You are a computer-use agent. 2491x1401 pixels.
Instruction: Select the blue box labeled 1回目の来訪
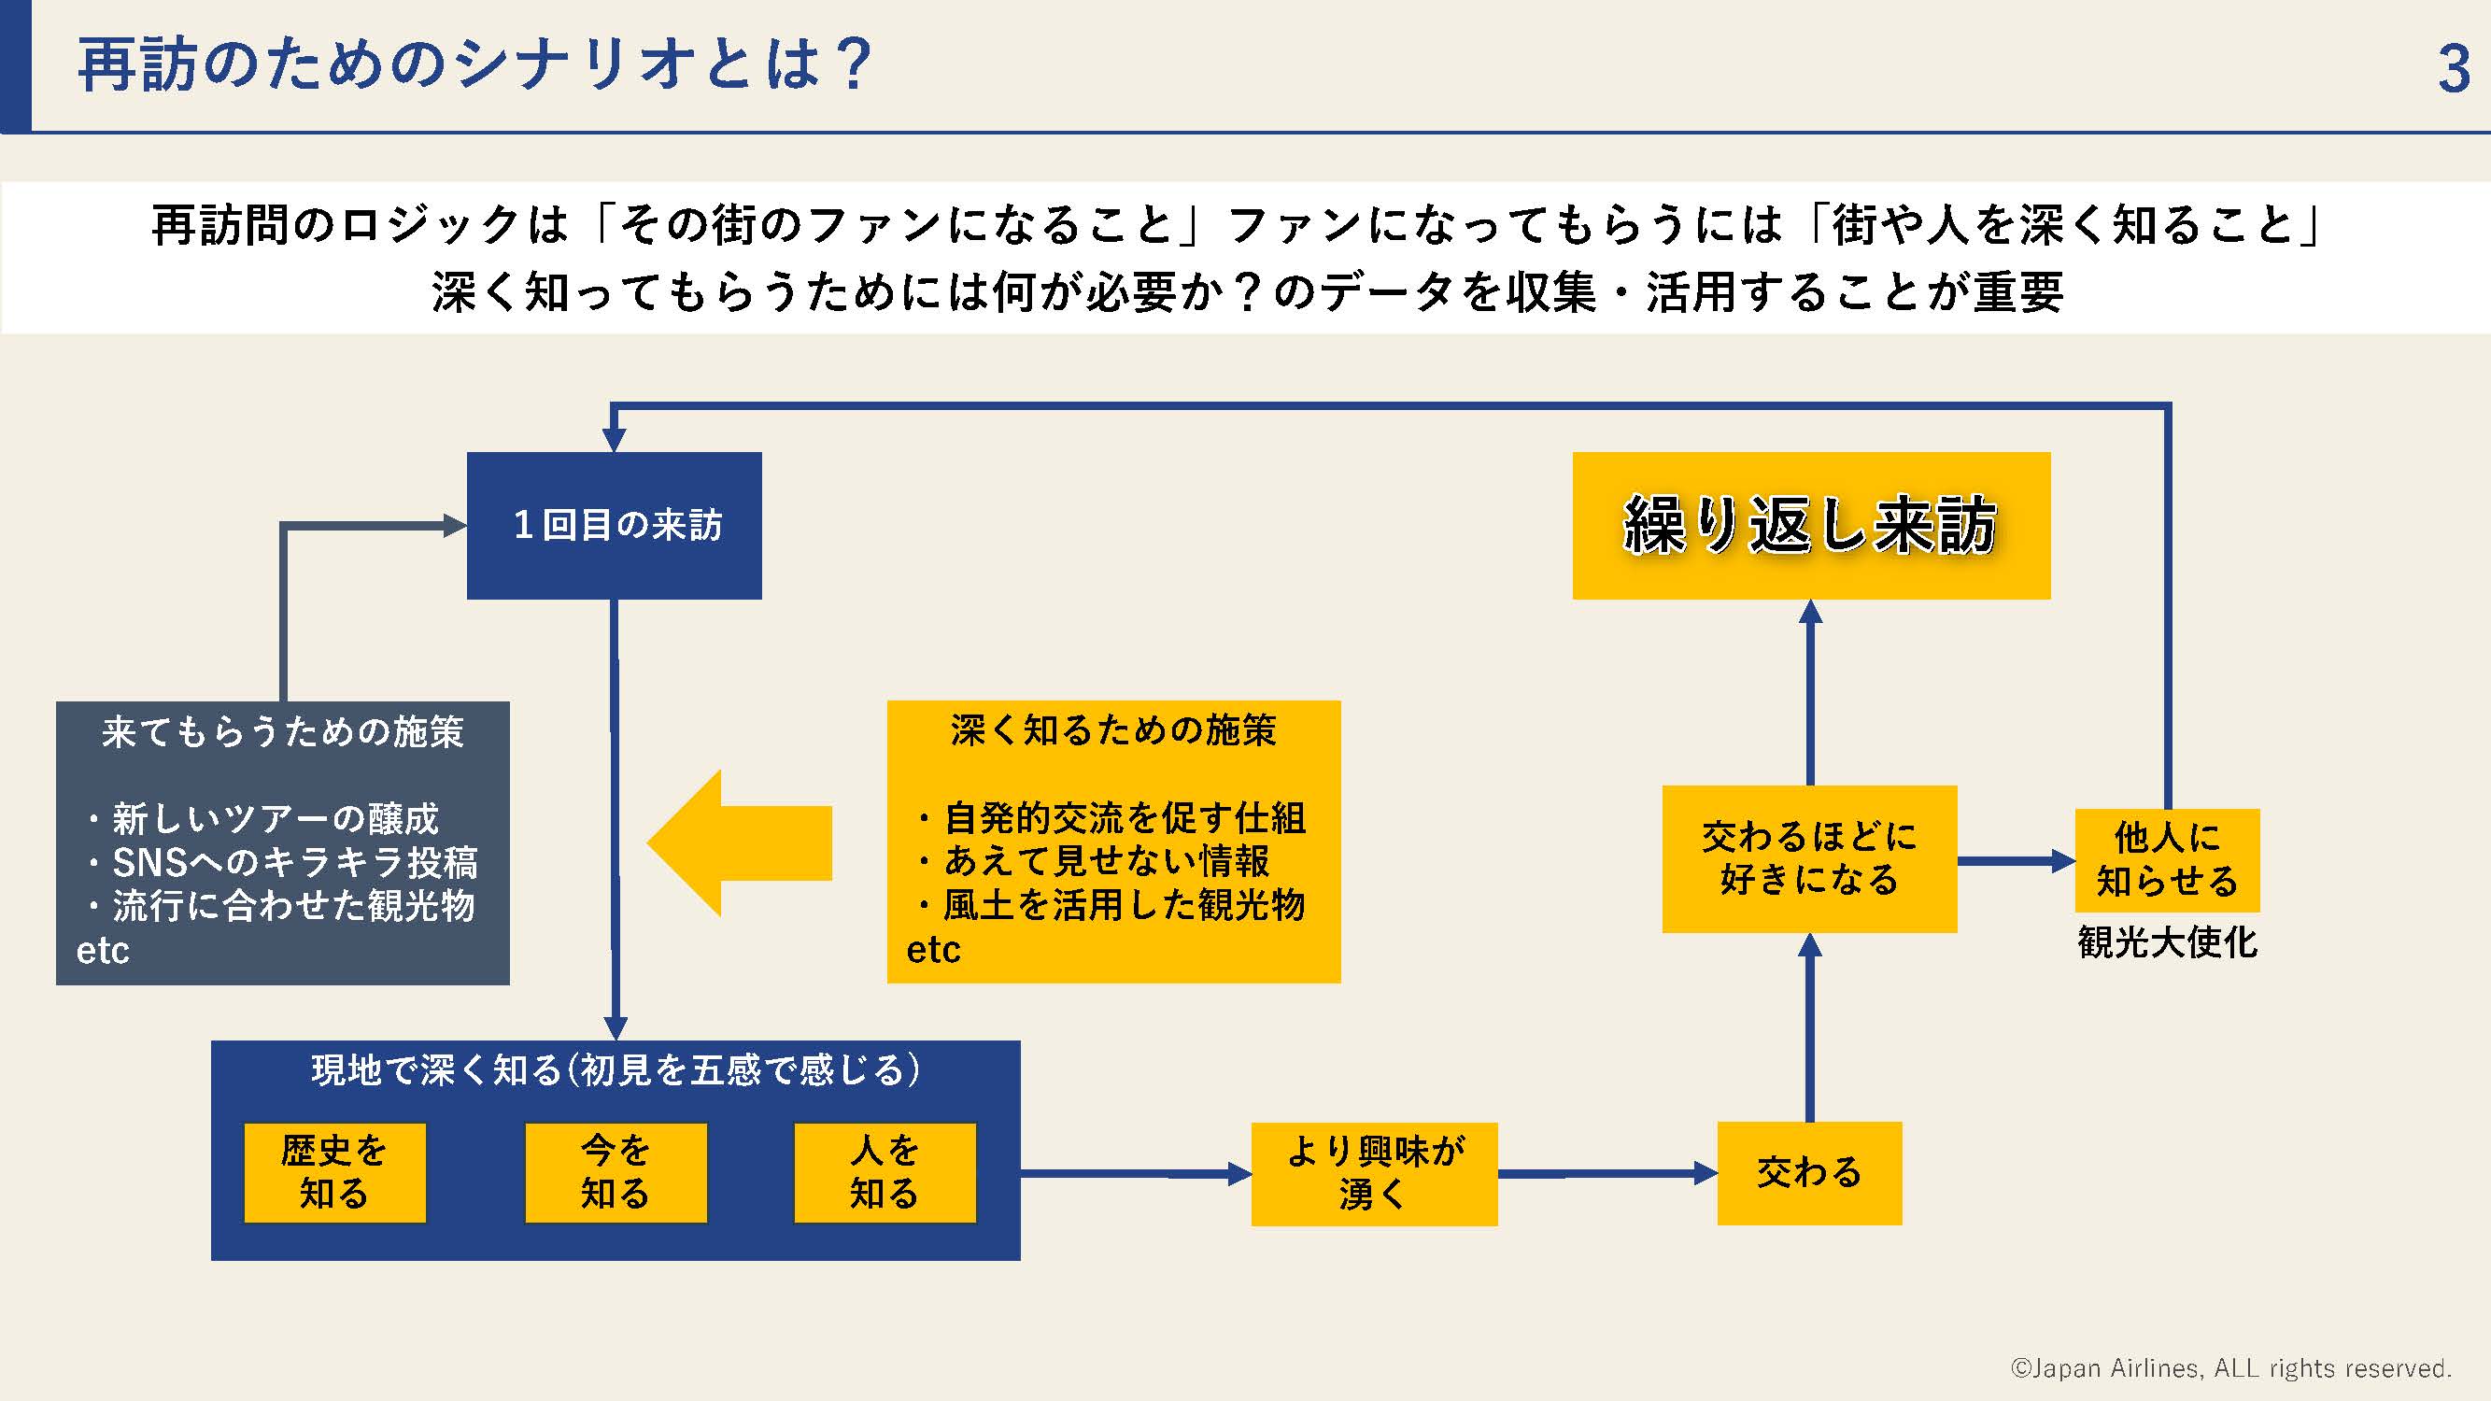point(614,525)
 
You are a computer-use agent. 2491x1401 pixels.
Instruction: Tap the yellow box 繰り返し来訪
point(1811,525)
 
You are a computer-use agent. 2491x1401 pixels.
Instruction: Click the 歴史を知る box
point(334,1172)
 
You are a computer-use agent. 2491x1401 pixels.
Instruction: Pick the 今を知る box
point(616,1172)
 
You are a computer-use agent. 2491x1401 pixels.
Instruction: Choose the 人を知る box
point(885,1172)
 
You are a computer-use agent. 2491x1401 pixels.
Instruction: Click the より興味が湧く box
point(1374,1174)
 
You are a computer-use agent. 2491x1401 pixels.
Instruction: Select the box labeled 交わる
point(1809,1173)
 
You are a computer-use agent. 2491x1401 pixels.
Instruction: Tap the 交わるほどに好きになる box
point(1809,858)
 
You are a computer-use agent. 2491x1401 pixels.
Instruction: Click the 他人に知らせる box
point(2167,860)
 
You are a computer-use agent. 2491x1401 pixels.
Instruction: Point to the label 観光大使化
point(2167,941)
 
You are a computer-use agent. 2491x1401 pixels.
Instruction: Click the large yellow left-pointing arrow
point(740,843)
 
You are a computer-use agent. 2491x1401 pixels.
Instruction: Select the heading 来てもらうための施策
point(282,732)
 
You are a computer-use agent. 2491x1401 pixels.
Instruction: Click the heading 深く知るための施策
point(1113,730)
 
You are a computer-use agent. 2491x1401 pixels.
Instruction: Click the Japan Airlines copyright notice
point(2230,1368)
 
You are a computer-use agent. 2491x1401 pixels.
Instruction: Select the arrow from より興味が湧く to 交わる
point(1607,1174)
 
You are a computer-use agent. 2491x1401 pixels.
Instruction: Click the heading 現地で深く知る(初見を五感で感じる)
point(616,1070)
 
